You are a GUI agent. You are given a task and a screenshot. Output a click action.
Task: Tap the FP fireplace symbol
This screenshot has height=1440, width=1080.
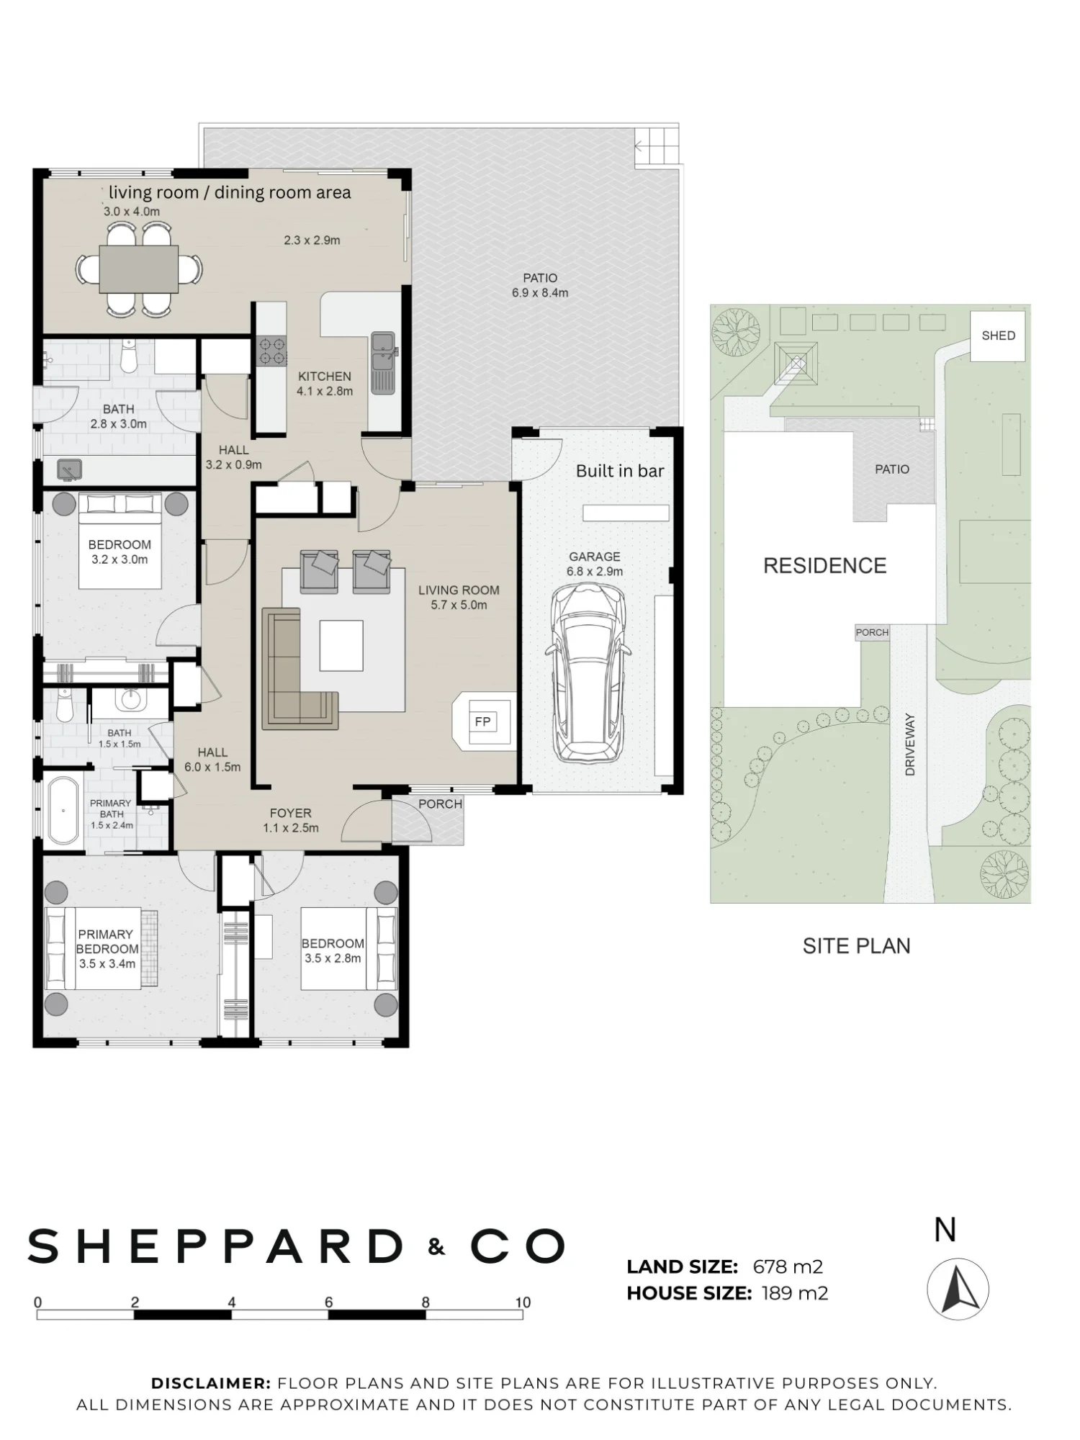[482, 721]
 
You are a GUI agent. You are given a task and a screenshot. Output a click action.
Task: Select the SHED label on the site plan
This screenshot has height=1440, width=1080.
[998, 336]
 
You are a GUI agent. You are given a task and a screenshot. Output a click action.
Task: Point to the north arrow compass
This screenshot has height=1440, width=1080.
[958, 1290]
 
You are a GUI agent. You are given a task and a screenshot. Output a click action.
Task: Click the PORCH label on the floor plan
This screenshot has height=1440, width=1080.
[440, 804]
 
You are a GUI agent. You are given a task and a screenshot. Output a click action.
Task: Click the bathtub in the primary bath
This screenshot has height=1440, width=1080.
[64, 810]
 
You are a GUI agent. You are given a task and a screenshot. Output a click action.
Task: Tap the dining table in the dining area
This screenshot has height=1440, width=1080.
[139, 269]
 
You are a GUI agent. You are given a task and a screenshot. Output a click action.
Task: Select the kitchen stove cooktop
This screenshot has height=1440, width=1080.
[273, 351]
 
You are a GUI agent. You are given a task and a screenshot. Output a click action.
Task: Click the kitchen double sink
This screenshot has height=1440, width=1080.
[383, 363]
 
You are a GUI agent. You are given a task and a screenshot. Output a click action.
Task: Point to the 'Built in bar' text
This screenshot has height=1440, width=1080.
[620, 471]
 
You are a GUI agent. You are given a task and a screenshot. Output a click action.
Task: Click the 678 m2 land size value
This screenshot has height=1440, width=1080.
[788, 1266]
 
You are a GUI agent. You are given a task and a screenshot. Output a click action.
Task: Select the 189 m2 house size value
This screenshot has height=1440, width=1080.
[795, 1293]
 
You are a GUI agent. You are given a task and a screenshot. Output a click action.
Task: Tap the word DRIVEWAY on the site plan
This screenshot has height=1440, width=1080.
[910, 744]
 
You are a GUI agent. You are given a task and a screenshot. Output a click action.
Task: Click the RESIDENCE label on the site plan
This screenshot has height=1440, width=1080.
[825, 566]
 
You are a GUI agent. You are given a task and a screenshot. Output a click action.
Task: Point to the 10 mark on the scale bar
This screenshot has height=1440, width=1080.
[523, 1302]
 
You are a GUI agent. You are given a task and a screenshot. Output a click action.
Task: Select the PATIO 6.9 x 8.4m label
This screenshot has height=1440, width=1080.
[540, 285]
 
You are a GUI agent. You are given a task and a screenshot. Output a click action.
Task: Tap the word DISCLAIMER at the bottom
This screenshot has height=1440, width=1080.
[210, 1383]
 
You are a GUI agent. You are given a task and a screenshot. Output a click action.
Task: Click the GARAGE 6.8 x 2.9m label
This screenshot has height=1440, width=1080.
[595, 564]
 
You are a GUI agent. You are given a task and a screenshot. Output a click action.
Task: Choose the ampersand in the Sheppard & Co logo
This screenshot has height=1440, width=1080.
[436, 1247]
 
